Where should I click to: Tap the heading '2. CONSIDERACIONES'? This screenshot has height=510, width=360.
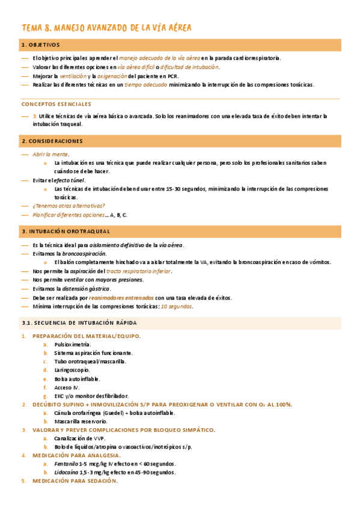[52, 141]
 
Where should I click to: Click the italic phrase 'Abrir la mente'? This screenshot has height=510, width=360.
[50, 155]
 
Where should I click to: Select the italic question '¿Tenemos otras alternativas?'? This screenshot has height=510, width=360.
[69, 205]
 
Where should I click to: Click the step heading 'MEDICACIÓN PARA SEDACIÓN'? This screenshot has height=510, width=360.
[75, 481]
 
